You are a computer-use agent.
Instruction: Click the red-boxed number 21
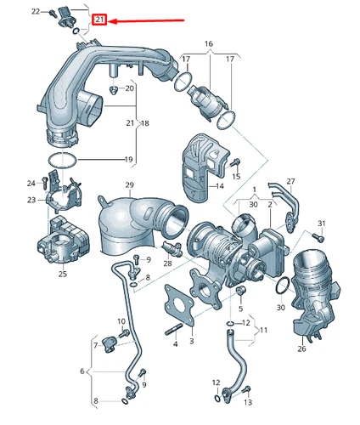click(x=99, y=20)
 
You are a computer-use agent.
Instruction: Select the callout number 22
click(x=35, y=12)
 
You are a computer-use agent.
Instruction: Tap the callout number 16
click(x=208, y=42)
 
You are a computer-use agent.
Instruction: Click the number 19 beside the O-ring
click(x=130, y=159)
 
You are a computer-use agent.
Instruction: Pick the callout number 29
click(x=129, y=185)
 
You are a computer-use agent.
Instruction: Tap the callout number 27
click(x=290, y=181)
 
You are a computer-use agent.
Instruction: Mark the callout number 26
click(x=301, y=348)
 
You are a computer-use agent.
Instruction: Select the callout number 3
click(x=192, y=341)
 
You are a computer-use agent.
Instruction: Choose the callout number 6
click(x=82, y=371)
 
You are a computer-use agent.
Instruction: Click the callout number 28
click(x=168, y=263)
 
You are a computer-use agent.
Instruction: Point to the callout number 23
click(x=31, y=200)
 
